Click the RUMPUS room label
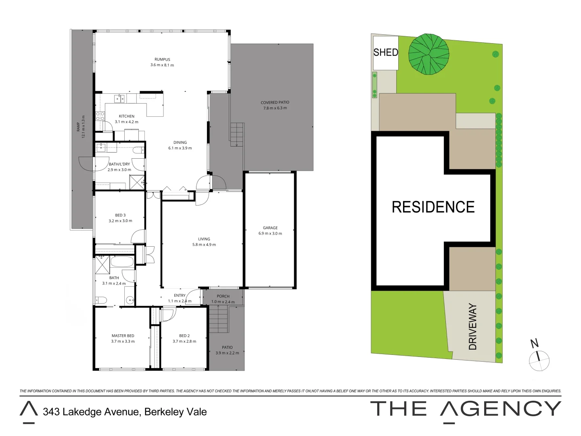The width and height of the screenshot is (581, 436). (x=162, y=59)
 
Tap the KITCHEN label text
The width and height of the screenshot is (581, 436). (x=127, y=116)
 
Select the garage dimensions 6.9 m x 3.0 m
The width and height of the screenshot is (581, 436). (x=270, y=233)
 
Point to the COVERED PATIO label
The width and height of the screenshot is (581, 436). (x=275, y=103)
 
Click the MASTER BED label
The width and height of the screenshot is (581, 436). (x=123, y=336)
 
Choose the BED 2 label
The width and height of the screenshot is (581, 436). (x=184, y=336)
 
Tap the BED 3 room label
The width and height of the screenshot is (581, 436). (x=120, y=215)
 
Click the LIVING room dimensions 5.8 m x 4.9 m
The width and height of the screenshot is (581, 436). (x=204, y=245)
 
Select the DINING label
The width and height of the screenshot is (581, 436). (x=180, y=143)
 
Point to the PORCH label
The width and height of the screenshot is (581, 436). (x=223, y=296)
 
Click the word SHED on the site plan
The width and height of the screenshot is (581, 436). (x=386, y=52)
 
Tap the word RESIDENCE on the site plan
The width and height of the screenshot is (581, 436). (x=433, y=207)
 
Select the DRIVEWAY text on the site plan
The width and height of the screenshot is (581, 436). (x=473, y=327)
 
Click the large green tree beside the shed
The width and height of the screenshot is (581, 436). (x=428, y=55)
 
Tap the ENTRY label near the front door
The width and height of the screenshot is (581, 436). (x=180, y=296)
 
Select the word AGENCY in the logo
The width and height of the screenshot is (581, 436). (x=501, y=409)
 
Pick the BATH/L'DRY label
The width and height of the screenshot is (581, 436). (x=119, y=164)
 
